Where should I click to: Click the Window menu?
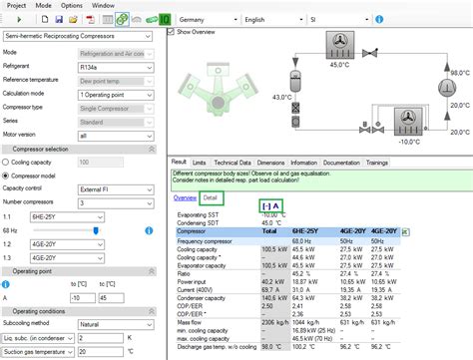[x=104, y=5]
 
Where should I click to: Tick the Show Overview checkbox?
[x=169, y=32]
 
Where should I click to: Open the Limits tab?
[x=200, y=162]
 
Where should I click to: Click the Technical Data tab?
[x=233, y=162]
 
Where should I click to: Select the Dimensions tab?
[x=270, y=162]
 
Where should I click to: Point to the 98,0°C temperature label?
[x=459, y=72]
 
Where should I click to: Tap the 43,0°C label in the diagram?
[x=281, y=97]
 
